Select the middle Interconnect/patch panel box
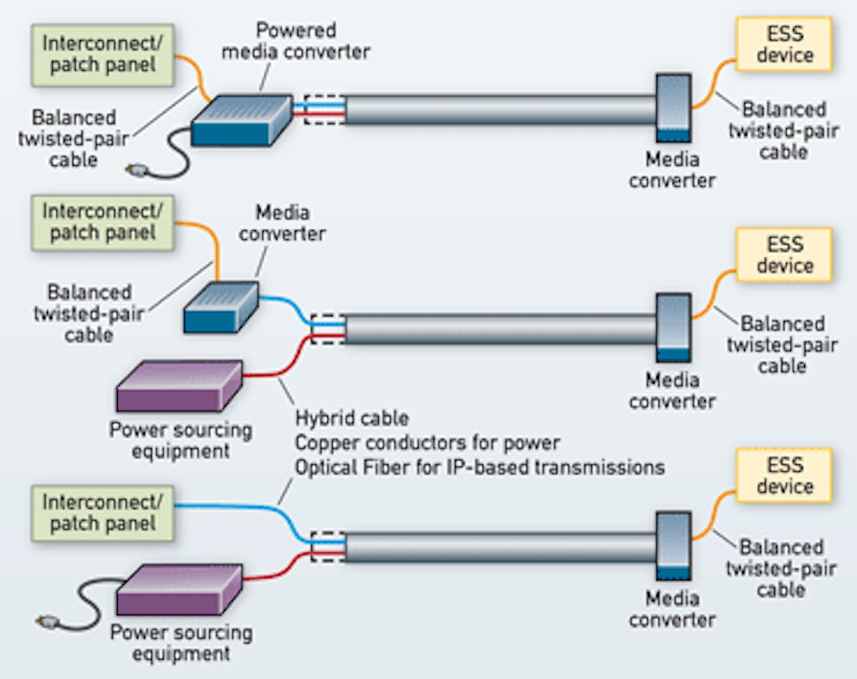tap(101, 222)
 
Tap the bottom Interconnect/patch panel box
tap(101, 512)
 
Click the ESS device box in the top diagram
tap(784, 44)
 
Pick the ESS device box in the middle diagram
tap(784, 254)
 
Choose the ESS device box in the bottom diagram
tap(784, 475)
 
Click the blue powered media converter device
tap(243, 120)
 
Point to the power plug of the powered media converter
tap(135, 169)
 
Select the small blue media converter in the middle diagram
tap(221, 306)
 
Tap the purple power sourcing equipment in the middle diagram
tap(179, 386)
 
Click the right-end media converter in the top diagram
tap(673, 107)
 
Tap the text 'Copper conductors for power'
tap(427, 442)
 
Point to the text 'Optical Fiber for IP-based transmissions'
tap(480, 467)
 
